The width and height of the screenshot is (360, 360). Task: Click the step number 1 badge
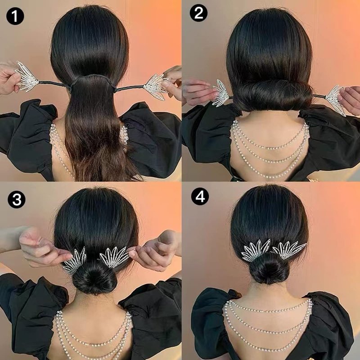(15, 16)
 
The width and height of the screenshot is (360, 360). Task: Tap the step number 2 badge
(198, 13)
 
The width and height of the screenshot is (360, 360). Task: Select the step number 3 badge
(17, 199)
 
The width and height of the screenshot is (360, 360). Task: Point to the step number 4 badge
(200, 196)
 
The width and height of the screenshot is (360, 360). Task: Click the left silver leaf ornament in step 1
(27, 77)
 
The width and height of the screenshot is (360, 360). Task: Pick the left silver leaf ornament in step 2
(221, 93)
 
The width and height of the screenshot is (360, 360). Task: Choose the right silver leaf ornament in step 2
(336, 100)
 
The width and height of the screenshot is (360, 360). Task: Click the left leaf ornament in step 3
(74, 261)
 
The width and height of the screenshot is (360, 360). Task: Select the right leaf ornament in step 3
(114, 257)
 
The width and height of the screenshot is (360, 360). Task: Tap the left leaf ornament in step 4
(255, 250)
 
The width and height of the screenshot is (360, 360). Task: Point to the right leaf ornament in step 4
(289, 250)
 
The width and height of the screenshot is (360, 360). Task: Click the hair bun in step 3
(94, 279)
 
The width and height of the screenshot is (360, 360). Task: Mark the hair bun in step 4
(269, 268)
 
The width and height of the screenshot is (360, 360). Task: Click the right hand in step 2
(350, 98)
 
